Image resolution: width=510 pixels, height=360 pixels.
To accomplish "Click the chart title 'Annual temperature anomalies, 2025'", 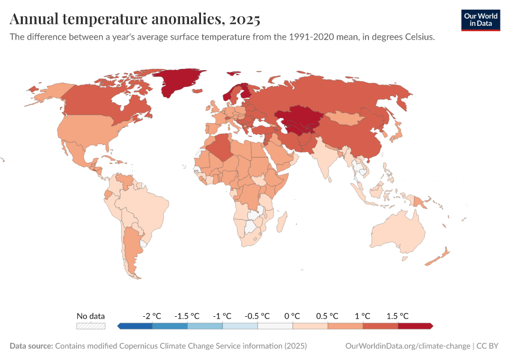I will (135, 20).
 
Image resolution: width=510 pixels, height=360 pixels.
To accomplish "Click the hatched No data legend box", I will (91, 326).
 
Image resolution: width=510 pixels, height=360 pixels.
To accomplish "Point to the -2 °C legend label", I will (152, 316).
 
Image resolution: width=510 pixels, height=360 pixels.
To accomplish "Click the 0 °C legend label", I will (293, 316).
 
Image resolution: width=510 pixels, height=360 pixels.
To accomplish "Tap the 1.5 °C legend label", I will (398, 316).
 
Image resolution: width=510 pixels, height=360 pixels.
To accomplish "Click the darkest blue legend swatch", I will (135, 326).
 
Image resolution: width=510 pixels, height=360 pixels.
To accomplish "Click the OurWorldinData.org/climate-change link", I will (407, 346).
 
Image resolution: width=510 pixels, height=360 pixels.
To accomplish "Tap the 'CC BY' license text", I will (488, 346).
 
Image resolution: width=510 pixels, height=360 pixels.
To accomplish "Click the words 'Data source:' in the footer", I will (31, 346).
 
